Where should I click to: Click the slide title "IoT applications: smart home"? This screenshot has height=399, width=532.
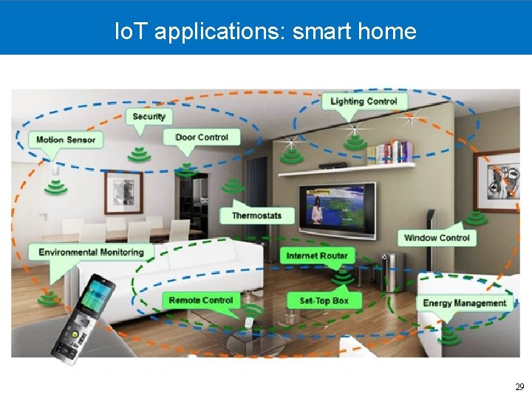(x=266, y=31)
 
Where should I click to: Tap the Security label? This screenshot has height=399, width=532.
(x=149, y=116)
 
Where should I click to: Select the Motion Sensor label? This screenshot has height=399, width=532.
(x=66, y=140)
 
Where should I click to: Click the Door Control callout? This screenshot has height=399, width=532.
(x=202, y=137)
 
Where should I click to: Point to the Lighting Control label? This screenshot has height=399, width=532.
(x=364, y=101)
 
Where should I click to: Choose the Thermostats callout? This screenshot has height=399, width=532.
(x=256, y=216)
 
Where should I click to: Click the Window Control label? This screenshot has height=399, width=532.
(x=437, y=238)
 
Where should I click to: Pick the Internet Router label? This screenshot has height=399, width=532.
(x=316, y=256)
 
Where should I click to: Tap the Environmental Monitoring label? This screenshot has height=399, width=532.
(x=91, y=252)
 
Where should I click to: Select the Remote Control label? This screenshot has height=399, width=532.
(x=200, y=300)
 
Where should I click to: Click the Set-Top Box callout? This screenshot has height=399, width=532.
(x=324, y=301)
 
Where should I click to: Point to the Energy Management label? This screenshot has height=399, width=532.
(x=464, y=303)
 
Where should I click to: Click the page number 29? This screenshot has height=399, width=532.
(x=519, y=387)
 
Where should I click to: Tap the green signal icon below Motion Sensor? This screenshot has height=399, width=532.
(x=55, y=188)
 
